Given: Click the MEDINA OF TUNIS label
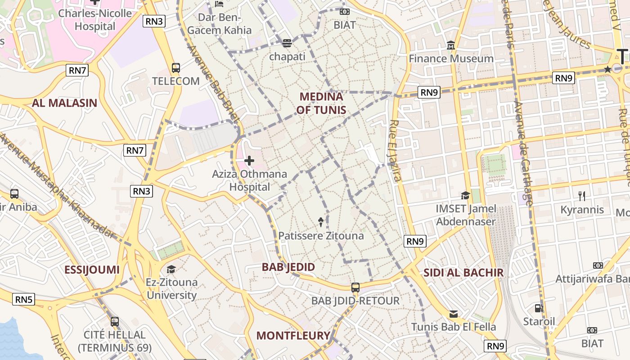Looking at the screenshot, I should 321,103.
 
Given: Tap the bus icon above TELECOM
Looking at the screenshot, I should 176,68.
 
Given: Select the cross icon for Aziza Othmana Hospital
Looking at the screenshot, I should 249,161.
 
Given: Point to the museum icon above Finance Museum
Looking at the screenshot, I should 451,45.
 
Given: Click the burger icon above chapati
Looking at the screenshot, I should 287,43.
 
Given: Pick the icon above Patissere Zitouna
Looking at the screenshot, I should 321,221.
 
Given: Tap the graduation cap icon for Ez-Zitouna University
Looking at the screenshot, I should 171,269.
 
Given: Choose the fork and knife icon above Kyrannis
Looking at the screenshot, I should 582,196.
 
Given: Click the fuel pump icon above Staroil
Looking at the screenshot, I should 539,308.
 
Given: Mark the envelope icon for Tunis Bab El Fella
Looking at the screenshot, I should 454,314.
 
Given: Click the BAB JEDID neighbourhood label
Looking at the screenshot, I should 288,267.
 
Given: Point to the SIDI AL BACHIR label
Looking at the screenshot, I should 463,272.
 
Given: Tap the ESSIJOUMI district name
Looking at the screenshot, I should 92,270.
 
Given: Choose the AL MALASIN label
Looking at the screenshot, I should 64,103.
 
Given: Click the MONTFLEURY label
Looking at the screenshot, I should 293,335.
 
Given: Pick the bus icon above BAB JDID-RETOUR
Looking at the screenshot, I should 355,287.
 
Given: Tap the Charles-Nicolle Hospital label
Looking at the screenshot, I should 95,20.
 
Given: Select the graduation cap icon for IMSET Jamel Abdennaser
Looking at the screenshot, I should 465,195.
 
